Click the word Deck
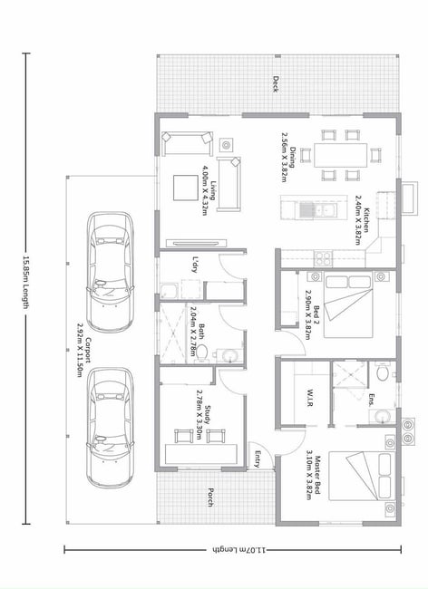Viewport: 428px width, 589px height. [x=276, y=84]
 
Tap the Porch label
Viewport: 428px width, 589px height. [x=210, y=497]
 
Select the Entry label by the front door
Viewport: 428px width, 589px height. [x=258, y=459]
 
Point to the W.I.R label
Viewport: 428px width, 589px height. [x=310, y=398]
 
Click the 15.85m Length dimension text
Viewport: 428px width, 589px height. [x=26, y=283]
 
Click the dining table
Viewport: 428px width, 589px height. [x=340, y=155]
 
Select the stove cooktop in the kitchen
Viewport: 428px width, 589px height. [x=323, y=258]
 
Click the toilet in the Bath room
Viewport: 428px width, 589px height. [x=201, y=352]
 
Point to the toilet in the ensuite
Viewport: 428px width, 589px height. [x=382, y=372]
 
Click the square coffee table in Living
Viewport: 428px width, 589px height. [x=185, y=188]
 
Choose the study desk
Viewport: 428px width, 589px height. [x=201, y=454]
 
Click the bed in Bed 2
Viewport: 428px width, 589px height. [x=348, y=306]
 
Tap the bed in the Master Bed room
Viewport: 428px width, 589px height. [x=360, y=476]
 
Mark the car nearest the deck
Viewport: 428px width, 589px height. [x=110, y=272]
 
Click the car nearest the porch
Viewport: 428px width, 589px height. [x=110, y=428]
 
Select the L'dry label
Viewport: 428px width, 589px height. [x=195, y=265]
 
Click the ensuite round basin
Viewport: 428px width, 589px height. [x=382, y=416]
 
